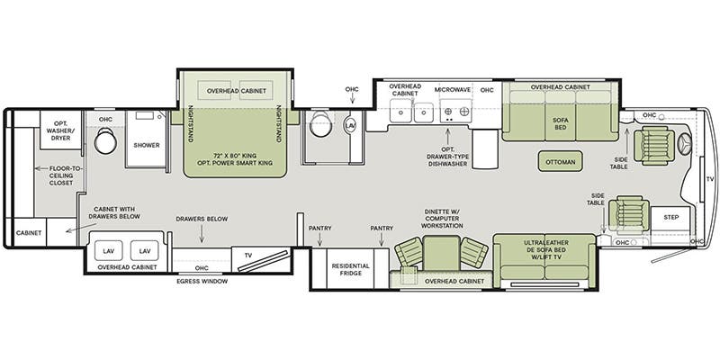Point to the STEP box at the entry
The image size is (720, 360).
tap(671, 218)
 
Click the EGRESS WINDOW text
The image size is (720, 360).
tap(202, 282)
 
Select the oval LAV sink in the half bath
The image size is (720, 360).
tap(349, 124)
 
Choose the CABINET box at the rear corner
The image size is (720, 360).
tap(28, 232)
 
